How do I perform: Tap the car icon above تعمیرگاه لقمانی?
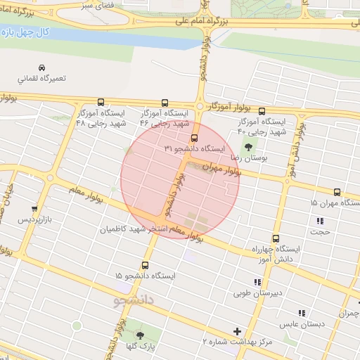point(41,67)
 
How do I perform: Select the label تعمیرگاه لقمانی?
point(41,78)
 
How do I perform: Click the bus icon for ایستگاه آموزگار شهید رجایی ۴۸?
point(100,102)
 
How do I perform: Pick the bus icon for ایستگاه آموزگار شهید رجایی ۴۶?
point(165,102)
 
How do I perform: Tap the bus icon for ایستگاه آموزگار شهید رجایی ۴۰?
point(262,110)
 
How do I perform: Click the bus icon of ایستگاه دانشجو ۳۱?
point(195,138)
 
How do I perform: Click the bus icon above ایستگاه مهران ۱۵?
point(337,191)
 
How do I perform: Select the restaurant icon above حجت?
point(320,221)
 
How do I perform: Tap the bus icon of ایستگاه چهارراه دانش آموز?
point(276,238)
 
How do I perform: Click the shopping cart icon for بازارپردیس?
point(34,209)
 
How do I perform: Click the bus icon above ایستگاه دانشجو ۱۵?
point(145,265)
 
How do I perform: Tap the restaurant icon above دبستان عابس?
point(302,313)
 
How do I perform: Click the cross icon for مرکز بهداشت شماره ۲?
point(237,330)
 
